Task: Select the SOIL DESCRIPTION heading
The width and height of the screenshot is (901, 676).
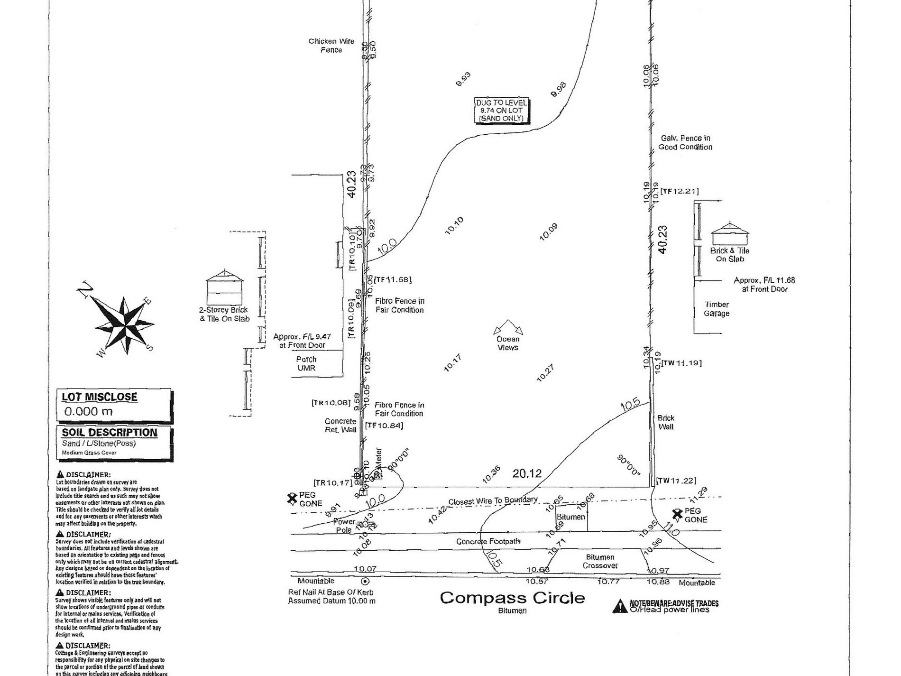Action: [110, 433]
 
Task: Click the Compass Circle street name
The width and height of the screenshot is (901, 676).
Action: [512, 598]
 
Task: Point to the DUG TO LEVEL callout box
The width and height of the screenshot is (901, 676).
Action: [501, 111]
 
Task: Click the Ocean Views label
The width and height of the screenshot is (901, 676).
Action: [508, 343]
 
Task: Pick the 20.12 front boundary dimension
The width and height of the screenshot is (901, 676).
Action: [527, 473]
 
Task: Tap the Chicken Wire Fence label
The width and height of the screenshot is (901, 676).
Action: [331, 46]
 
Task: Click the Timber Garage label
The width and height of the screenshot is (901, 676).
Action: [717, 309]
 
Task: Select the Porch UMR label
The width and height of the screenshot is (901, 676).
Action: [306, 363]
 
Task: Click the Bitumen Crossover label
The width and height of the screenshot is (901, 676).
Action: [600, 561]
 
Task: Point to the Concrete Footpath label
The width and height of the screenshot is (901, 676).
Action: [488, 541]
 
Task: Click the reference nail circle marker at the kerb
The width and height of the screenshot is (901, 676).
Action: [365, 581]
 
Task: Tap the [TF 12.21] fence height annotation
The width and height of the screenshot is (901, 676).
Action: [680, 191]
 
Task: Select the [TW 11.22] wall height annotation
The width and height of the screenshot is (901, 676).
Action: [676, 481]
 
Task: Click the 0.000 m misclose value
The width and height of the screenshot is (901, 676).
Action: [88, 411]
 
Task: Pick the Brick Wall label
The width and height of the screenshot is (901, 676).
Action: [666, 422]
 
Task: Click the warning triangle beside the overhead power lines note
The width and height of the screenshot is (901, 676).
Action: [620, 606]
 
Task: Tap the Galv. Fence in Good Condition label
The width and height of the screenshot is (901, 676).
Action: [685, 142]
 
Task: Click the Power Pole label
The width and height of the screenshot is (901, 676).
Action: [345, 526]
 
